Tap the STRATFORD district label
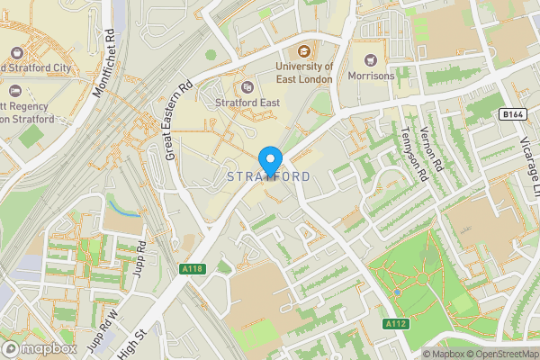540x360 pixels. coord(270,176)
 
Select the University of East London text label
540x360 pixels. coord(304,73)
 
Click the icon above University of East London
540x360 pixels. coord(303,50)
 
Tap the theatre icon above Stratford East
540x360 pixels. coord(247,86)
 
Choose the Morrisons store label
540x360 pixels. coord(371,76)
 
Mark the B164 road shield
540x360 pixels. coord(512,114)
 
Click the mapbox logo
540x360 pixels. coord(39,348)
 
